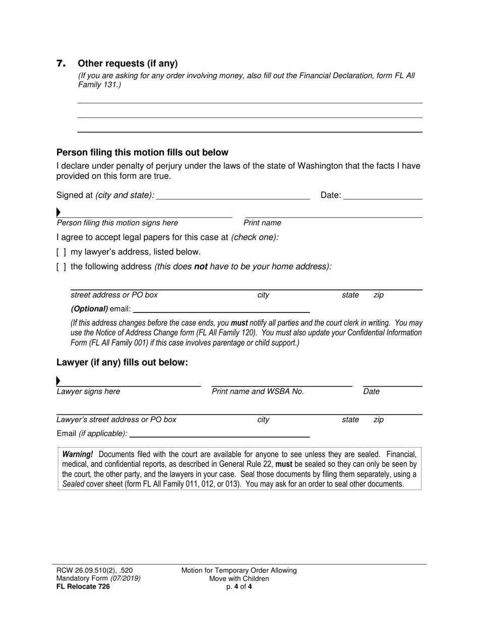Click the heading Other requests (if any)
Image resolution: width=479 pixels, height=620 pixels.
pyautogui.click(x=128, y=64)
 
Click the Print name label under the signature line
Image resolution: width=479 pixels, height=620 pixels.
pyautogui.click(x=262, y=223)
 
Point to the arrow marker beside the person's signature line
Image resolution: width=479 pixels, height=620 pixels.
pyautogui.click(x=58, y=212)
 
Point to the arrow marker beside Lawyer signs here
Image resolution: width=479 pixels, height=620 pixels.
pyautogui.click(x=58, y=381)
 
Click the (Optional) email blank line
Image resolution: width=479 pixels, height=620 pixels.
pyautogui.click(x=221, y=309)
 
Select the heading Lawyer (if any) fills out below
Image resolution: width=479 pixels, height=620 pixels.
pyautogui.click(x=122, y=362)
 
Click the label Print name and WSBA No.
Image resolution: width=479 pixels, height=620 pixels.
pyautogui.click(x=258, y=392)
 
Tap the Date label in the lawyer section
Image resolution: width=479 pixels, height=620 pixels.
pyautogui.click(x=371, y=392)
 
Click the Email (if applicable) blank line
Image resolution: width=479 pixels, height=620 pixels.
pyautogui.click(x=219, y=433)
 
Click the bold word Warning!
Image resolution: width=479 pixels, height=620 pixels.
pyautogui.click(x=78, y=454)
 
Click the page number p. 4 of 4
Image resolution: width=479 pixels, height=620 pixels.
pyautogui.click(x=239, y=586)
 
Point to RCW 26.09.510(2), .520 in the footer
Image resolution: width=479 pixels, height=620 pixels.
pyautogui.click(x=95, y=571)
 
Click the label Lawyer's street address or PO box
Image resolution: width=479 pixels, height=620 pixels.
pyautogui.click(x=116, y=419)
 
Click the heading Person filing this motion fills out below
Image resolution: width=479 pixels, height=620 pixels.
pyautogui.click(x=142, y=152)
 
